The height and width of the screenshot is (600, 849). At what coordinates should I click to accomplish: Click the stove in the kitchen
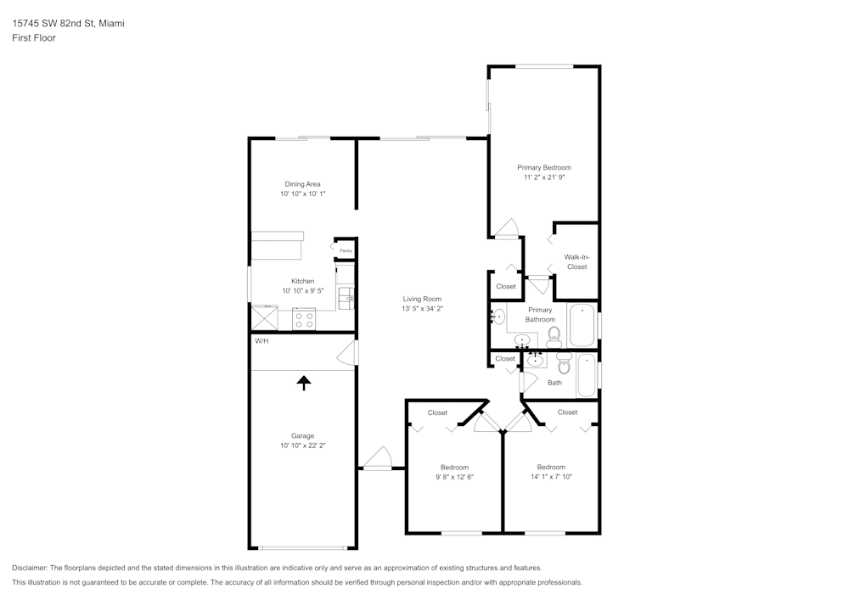pyautogui.click(x=303, y=320)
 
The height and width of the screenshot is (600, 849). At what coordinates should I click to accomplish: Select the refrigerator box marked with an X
pyautogui.click(x=264, y=318)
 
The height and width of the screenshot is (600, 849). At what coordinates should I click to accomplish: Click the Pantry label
pyautogui.click(x=346, y=250)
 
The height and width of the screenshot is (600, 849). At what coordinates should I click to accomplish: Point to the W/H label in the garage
pyautogui.click(x=261, y=341)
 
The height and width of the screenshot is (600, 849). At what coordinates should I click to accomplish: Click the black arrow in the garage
pyautogui.click(x=303, y=382)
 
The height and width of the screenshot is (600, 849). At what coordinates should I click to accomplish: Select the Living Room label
pyautogui.click(x=422, y=299)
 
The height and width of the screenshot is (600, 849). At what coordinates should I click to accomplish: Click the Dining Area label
pyautogui.click(x=302, y=184)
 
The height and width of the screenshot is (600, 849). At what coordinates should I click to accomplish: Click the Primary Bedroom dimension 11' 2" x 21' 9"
pyautogui.click(x=544, y=178)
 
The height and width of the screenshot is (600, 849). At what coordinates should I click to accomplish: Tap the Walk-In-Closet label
pyautogui.click(x=577, y=261)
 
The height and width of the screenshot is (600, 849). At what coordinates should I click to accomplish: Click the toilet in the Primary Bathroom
pyautogui.click(x=554, y=337)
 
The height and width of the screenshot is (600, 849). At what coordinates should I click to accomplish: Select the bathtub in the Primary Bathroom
pyautogui.click(x=582, y=324)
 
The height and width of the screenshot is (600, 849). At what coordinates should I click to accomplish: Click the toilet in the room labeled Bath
pyautogui.click(x=564, y=364)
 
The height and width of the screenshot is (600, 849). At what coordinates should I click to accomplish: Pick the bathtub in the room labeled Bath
pyautogui.click(x=587, y=375)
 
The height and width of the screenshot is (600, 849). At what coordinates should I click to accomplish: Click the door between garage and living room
pyautogui.click(x=349, y=353)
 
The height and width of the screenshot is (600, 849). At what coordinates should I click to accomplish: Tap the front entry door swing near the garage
pyautogui.click(x=376, y=458)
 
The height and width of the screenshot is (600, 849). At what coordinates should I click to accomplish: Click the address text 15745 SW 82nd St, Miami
pyautogui.click(x=68, y=24)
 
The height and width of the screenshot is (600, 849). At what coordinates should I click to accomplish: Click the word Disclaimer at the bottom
pyautogui.click(x=30, y=568)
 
